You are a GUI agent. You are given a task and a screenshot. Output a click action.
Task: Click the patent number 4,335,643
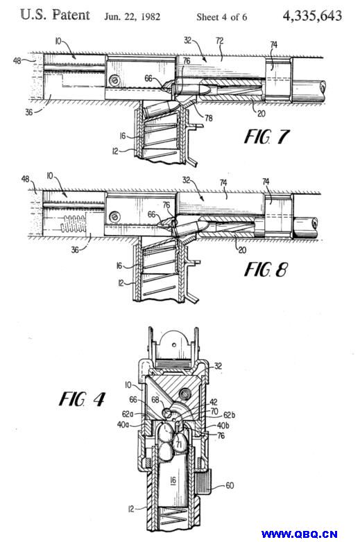point(312,15)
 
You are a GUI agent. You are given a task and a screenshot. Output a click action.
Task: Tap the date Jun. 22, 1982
point(132,17)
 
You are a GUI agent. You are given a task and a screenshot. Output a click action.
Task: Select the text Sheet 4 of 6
point(222,17)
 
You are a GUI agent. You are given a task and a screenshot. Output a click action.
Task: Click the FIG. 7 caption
point(266,137)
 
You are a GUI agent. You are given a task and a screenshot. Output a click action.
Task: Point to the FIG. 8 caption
point(266,270)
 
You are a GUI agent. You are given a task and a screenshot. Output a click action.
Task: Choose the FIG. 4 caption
point(82,399)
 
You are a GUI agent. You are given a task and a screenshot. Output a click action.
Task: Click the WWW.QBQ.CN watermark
point(299,534)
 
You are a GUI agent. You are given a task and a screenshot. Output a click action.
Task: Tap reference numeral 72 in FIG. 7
point(220,41)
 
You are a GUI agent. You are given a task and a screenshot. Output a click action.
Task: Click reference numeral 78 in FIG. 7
point(209,118)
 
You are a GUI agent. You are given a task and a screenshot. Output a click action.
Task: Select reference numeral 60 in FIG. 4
point(230,486)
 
